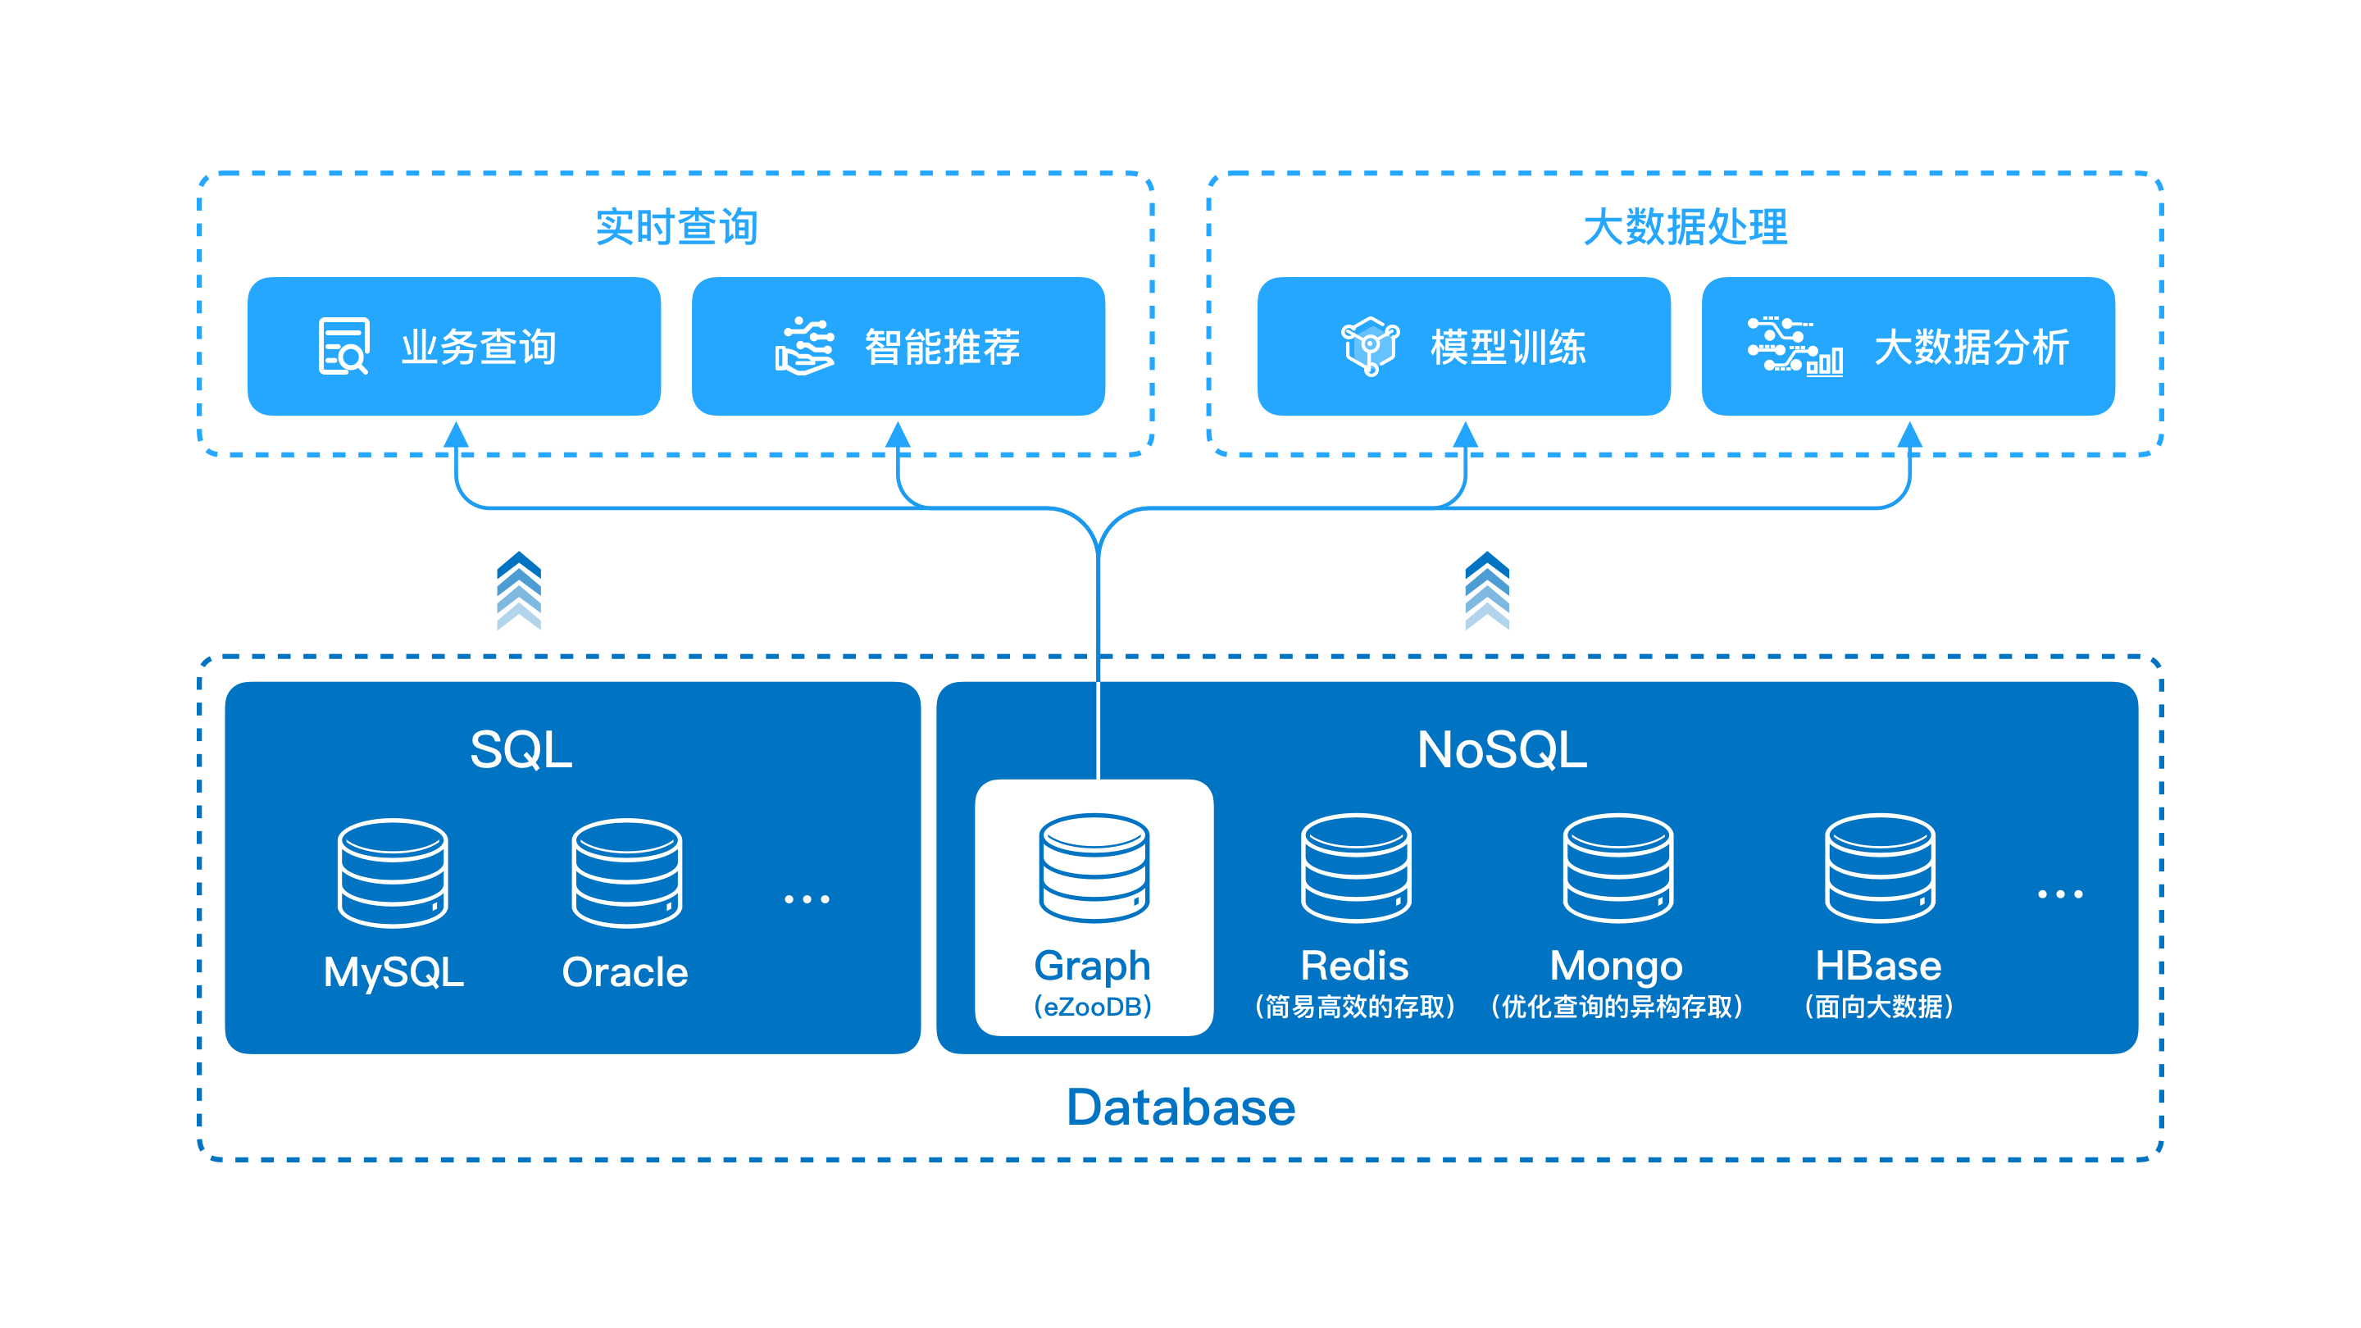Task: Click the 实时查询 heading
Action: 676,226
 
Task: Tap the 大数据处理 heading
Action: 1685,226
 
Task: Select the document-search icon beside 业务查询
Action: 343,347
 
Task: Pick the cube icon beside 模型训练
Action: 1369,347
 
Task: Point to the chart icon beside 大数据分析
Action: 1795,347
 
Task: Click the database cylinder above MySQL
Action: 393,872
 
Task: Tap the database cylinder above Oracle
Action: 627,872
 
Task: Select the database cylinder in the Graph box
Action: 1094,867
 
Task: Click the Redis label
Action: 1354,965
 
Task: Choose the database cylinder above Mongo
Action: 1617,867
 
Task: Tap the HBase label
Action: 1878,965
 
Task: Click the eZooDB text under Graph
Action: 1093,1007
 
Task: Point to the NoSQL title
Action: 1501,750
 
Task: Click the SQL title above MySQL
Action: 521,750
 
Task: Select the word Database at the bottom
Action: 1180,1107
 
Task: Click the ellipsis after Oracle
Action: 807,899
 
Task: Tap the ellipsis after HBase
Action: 2059,894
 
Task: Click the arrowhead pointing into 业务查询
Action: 457,434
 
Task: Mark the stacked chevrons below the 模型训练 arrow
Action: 1486,591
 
